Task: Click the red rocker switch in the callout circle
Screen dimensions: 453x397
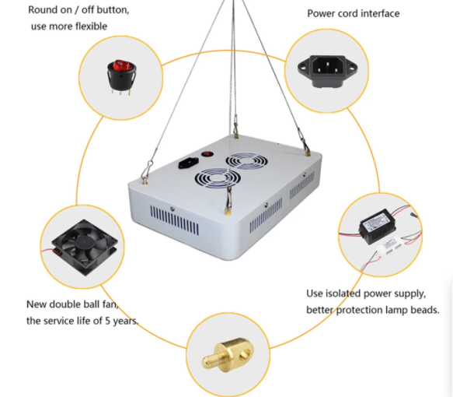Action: point(121,76)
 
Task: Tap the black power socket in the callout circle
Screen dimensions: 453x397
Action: point(327,71)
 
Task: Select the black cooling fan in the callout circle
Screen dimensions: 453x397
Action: point(85,247)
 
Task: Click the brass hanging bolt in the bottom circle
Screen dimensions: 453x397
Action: point(228,355)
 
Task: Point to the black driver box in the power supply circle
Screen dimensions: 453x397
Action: point(378,227)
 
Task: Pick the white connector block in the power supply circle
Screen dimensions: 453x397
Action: point(389,247)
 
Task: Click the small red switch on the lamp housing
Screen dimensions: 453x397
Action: point(207,154)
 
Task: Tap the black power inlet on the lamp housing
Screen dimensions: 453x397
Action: point(189,163)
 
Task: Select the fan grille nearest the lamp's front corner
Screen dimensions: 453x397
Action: point(218,178)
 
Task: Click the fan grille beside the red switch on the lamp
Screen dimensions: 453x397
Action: point(246,160)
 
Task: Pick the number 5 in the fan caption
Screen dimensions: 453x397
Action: point(107,321)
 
